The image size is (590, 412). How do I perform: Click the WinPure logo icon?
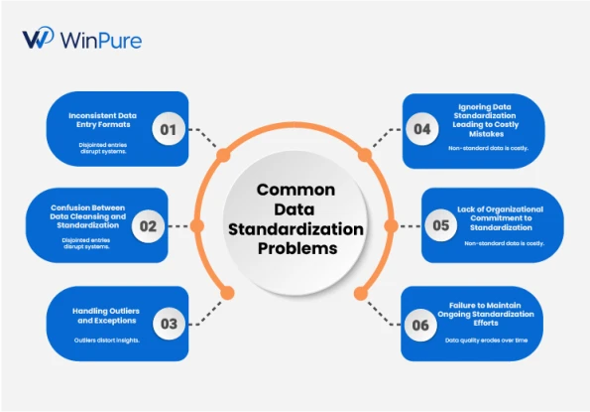38,38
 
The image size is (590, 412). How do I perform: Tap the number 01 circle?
169,129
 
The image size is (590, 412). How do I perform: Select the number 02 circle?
148,226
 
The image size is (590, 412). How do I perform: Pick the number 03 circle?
169,324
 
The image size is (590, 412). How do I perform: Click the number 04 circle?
422,129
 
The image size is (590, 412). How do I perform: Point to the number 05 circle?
441,225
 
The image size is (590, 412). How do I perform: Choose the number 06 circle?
420,325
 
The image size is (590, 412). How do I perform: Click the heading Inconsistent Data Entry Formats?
103,120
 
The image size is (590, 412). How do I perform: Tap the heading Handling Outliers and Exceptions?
106,316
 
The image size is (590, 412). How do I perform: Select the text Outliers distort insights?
107,341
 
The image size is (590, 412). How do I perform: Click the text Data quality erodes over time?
486,341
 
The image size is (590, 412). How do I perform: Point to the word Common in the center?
295,190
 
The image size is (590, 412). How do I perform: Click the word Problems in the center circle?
297,248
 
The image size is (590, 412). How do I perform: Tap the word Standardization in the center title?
295,229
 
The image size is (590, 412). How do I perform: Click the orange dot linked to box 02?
197,225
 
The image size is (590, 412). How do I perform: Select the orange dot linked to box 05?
392,225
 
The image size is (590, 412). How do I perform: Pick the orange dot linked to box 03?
227,293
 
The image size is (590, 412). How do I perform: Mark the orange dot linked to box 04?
365,155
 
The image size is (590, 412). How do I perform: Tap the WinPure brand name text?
101,40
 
